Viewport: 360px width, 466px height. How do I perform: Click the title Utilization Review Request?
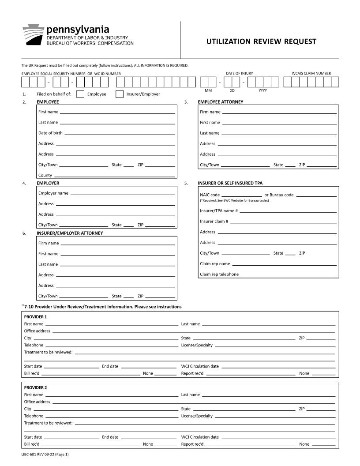click(261, 41)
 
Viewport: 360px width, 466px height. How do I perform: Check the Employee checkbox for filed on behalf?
click(80, 94)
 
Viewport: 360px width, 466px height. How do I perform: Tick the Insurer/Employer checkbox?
click(119, 94)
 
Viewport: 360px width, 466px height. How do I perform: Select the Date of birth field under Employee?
click(120, 132)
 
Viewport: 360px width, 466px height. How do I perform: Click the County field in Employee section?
click(114, 175)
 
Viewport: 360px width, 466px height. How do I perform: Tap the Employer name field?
click(123, 193)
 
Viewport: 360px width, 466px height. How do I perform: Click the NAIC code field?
click(241, 195)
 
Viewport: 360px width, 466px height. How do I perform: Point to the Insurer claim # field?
click(283, 221)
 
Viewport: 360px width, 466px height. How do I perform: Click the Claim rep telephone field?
click(289, 274)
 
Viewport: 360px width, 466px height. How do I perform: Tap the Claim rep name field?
click(284, 263)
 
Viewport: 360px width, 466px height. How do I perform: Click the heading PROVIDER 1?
click(35, 317)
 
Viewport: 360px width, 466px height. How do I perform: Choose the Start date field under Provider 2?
click(71, 437)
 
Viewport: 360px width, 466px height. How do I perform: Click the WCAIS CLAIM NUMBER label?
click(311, 73)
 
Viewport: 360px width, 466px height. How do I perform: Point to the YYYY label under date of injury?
click(262, 90)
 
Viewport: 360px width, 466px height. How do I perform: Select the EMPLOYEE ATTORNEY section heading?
click(220, 102)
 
